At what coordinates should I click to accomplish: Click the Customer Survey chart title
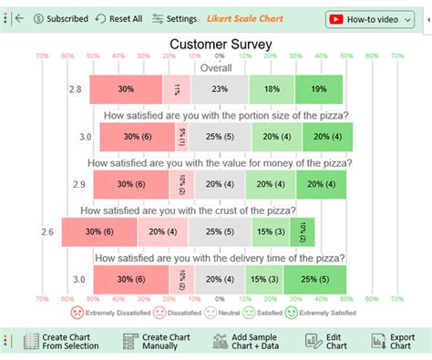217,44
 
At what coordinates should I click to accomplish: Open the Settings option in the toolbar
175,18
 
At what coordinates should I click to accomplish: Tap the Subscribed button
60,18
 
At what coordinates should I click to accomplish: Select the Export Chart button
396,343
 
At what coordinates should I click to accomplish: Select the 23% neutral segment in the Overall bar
219,89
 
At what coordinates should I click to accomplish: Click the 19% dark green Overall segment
319,89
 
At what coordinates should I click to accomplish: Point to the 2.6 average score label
47,232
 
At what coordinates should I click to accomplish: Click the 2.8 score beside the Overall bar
77,89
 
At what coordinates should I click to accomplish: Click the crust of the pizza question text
199,210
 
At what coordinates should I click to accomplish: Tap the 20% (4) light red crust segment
163,232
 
